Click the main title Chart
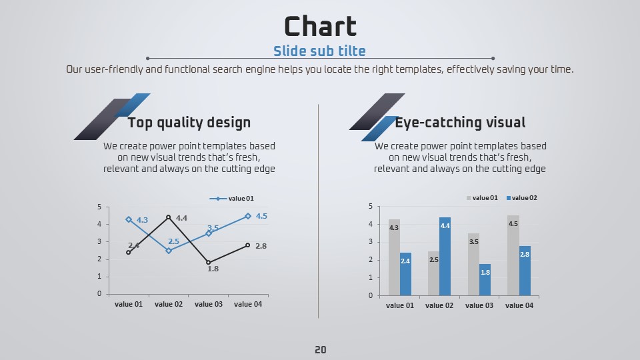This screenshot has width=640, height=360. [321, 27]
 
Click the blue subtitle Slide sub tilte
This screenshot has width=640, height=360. [319, 51]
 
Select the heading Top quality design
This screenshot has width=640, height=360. [189, 123]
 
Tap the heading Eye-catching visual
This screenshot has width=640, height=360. [460, 123]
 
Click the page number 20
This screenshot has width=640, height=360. [321, 350]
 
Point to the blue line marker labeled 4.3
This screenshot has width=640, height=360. [129, 219]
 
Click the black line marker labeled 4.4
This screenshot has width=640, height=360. [169, 217]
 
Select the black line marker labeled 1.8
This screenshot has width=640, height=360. [209, 263]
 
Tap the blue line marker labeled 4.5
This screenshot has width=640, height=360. [248, 216]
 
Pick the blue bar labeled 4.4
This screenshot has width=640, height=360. [445, 256]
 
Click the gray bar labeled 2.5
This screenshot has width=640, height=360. [433, 273]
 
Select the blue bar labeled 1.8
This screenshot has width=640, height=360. [485, 279]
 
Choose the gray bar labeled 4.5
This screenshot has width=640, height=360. [513, 255]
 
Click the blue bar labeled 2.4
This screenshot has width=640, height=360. [406, 274]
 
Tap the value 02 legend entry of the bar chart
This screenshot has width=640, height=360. [521, 198]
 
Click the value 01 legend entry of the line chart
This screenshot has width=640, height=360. [232, 199]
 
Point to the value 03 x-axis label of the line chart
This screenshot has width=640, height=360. [209, 304]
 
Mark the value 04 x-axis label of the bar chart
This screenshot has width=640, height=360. [519, 305]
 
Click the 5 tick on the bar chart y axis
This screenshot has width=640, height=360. [371, 206]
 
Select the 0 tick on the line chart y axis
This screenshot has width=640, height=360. [99, 293]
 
